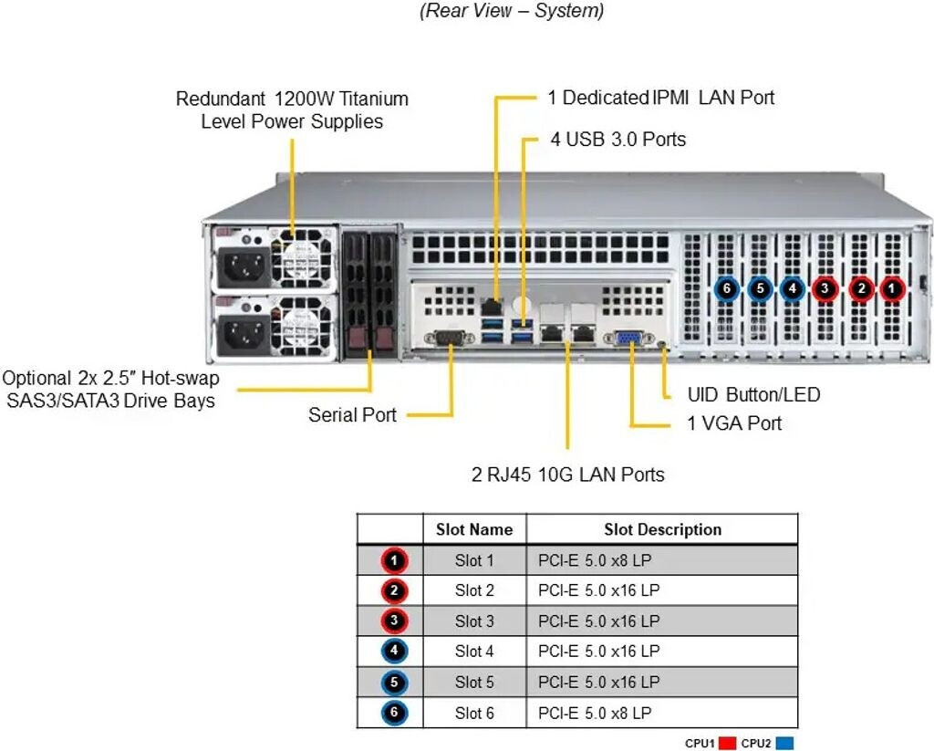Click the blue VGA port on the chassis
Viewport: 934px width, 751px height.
(x=628, y=339)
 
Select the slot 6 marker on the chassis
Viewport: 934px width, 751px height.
(x=726, y=289)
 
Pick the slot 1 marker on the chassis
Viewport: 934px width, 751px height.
(x=892, y=289)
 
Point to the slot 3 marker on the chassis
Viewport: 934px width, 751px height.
(x=825, y=289)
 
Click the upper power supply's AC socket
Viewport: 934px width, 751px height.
(x=241, y=266)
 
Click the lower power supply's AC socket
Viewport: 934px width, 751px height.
(x=241, y=334)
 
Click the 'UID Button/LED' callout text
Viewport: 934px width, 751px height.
(x=752, y=395)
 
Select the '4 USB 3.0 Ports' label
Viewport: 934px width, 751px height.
(x=617, y=140)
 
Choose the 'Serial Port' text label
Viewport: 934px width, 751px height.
(x=352, y=415)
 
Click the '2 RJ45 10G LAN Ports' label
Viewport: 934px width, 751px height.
(x=567, y=475)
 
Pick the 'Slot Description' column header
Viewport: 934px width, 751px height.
(x=662, y=529)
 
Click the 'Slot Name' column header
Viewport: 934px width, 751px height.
(x=474, y=529)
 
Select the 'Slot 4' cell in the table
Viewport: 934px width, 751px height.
(x=474, y=652)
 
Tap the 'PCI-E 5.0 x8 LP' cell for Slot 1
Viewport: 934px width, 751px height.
(x=594, y=560)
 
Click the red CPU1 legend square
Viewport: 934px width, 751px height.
(x=726, y=744)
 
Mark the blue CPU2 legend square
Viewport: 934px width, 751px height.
(x=784, y=744)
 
